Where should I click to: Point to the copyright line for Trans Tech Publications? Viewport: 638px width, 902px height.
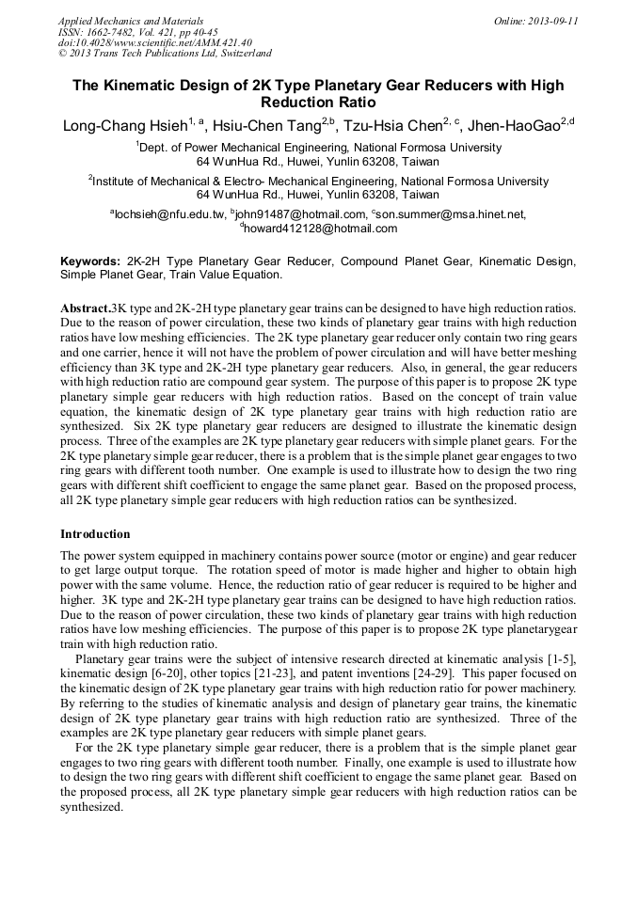[x=165, y=54]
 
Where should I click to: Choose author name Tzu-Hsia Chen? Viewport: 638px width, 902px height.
[x=395, y=125]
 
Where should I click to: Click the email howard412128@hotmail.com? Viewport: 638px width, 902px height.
[x=321, y=229]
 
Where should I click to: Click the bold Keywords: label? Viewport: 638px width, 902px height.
[x=90, y=261]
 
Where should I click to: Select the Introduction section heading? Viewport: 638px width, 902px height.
[x=95, y=534]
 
